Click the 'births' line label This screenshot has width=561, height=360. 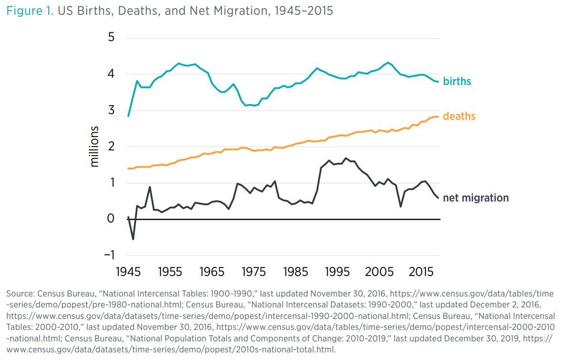(x=456, y=81)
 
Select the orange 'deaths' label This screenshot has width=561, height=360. (x=459, y=116)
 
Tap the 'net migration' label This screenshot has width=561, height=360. (x=476, y=198)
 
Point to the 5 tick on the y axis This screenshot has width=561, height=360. (x=111, y=38)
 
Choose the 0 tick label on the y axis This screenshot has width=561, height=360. (x=111, y=219)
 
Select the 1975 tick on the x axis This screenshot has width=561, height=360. (x=254, y=272)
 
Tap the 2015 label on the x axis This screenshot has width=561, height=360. (x=421, y=272)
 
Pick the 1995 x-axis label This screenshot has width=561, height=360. (x=338, y=272)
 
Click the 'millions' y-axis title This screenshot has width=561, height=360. (x=95, y=146)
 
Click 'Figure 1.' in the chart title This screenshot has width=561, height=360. (x=30, y=11)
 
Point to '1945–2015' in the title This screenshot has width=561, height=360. (x=304, y=11)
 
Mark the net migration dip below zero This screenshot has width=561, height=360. (x=133, y=239)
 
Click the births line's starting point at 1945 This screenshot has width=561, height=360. (x=128, y=116)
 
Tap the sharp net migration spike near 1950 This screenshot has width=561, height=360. (x=150, y=187)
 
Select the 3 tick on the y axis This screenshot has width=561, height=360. (x=111, y=110)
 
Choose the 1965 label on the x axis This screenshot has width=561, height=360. (x=212, y=272)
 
